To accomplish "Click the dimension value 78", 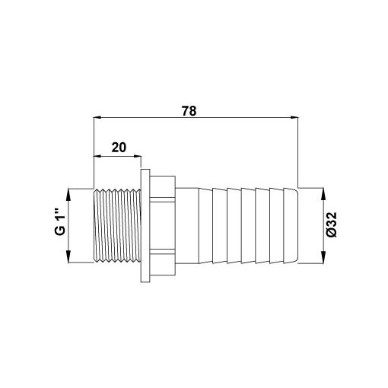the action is (x=189, y=111).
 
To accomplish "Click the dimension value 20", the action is (x=119, y=148).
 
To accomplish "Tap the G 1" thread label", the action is (x=60, y=222).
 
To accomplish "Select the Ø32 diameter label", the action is (x=332, y=225).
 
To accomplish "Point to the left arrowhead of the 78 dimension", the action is (x=97, y=117).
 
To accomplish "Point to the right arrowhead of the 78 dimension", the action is (x=294, y=117).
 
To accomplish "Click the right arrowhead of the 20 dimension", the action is (x=137, y=157).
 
